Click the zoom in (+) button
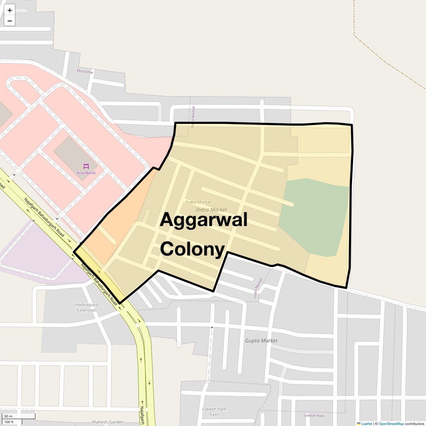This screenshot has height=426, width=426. pyautogui.click(x=10, y=10)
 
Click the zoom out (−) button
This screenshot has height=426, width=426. pyautogui.click(x=10, y=21)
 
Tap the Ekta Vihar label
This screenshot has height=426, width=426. pyautogui.click(x=85, y=71)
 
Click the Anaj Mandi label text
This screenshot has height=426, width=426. pyautogui.click(x=86, y=173)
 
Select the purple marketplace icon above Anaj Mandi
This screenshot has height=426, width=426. pyautogui.click(x=86, y=166)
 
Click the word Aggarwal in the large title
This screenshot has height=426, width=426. pyautogui.click(x=203, y=219)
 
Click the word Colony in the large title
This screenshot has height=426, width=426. pyautogui.click(x=192, y=248)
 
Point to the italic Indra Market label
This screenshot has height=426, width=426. pyautogui.click(x=211, y=210)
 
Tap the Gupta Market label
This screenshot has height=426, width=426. pyautogui.click(x=261, y=340)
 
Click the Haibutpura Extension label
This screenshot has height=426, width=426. pyautogui.click(x=87, y=307)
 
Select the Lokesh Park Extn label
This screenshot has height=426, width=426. pyautogui.click(x=214, y=412)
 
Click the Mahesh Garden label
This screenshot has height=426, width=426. pyautogui.click(x=108, y=422)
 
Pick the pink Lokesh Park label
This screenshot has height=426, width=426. pyautogui.click(x=314, y=415)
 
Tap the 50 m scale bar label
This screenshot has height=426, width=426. pyautogui.click(x=8, y=416)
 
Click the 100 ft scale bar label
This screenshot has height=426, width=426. pyautogui.click(x=9, y=422)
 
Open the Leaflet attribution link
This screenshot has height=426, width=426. pyautogui.click(x=366, y=424)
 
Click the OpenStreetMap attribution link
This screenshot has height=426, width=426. pyautogui.click(x=391, y=424)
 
